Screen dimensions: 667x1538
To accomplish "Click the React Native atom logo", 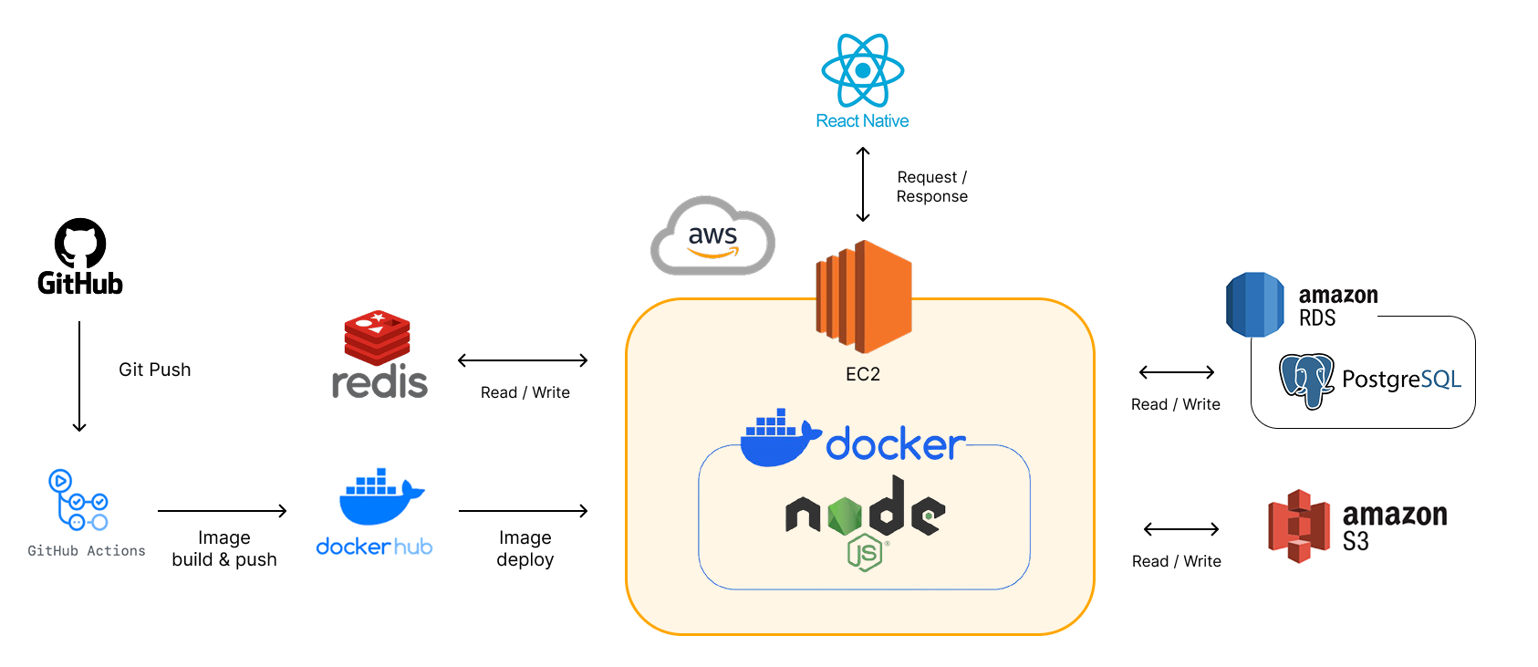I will coord(862,70).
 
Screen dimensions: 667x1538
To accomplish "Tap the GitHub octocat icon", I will coord(80,243).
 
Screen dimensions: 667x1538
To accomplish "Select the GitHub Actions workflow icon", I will coord(78,500).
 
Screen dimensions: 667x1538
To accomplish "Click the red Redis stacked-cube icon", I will coord(377,337).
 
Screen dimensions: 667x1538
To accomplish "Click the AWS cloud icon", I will coord(712,236).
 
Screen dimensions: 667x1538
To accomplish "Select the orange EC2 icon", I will coord(863,297).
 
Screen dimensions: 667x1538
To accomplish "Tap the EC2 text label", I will coord(863,374).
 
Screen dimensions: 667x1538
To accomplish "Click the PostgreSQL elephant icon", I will coord(1306,380).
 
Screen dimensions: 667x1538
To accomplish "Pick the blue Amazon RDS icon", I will coord(1255,305).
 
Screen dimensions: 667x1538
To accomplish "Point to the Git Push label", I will coord(155,370).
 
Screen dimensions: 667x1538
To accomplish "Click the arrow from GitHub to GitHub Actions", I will coord(79,376).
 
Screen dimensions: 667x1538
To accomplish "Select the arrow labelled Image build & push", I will coord(223,511).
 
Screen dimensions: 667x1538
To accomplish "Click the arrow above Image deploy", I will coord(524,511).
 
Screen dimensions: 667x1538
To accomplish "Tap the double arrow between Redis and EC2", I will coord(523,360).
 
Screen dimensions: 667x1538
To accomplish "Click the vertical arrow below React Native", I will coord(863,185).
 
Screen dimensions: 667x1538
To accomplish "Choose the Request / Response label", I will coord(931,187).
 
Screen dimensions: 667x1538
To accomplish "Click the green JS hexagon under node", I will coord(864,553).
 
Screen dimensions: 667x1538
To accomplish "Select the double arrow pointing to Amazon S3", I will coord(1181,529).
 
